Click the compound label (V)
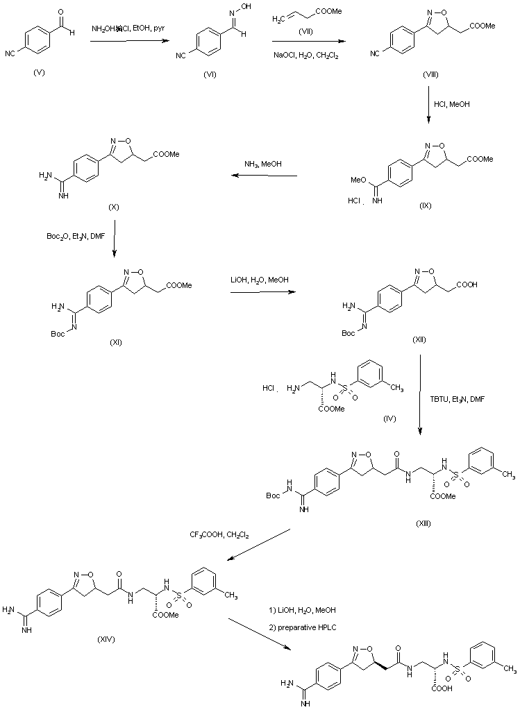click(39, 74)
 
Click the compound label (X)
click(115, 207)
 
